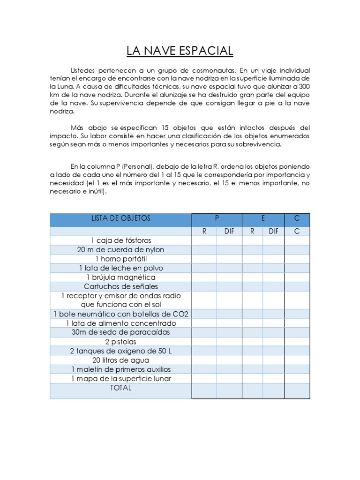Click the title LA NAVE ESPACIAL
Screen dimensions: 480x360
(180, 51)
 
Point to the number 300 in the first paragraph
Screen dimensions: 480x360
(303, 87)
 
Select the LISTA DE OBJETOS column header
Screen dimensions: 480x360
(120, 218)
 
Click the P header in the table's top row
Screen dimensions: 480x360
(217, 218)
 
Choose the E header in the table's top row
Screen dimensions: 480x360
(263, 218)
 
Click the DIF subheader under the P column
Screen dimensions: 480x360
(229, 231)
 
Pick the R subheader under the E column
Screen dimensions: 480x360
(252, 231)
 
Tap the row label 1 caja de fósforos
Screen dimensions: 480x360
(120, 240)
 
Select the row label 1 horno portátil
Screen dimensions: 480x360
(120, 259)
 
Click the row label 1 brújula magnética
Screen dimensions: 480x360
(120, 277)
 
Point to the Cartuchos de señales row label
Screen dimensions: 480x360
(120, 286)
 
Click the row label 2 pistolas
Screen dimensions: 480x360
(120, 342)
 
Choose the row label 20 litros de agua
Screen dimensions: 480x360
(120, 360)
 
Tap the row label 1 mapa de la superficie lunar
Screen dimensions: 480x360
(120, 378)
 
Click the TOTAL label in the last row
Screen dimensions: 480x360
(120, 388)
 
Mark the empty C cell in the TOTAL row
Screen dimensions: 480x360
(297, 391)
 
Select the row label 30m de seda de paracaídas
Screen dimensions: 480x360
(120, 332)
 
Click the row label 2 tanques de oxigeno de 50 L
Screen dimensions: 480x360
(120, 351)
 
